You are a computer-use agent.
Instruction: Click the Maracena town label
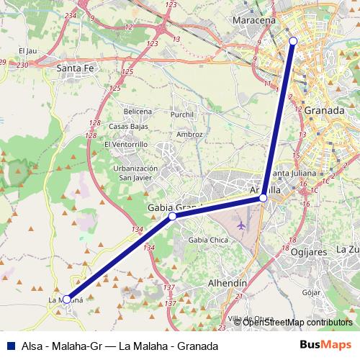coord(254,20)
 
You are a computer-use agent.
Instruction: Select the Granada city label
coord(324,111)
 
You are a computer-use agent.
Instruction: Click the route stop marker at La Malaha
coord(66,299)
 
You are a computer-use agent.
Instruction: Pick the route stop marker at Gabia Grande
coord(172,216)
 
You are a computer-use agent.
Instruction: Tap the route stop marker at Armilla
coord(264,197)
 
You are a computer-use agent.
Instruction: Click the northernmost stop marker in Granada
coord(293,41)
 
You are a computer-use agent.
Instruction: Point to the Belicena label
coord(138,112)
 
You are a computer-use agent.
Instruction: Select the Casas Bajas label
coord(129,127)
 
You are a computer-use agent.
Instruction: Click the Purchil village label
coord(183,114)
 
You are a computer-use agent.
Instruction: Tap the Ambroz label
coord(189,134)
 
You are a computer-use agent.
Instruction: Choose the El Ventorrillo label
coord(126,144)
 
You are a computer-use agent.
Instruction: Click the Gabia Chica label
coord(207,240)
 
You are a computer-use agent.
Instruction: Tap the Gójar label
coord(311,293)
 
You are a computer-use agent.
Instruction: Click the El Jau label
coord(28,51)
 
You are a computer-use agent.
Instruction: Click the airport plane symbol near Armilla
coord(240,225)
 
